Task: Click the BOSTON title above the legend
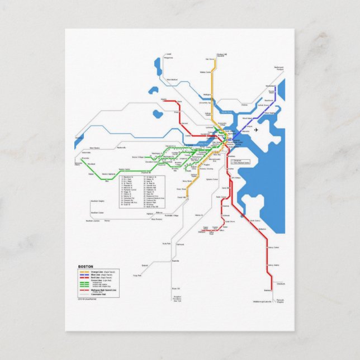pyautogui.click(x=86, y=267)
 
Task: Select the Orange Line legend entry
pyautogui.click(x=91, y=272)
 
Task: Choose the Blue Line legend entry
pyautogui.click(x=91, y=275)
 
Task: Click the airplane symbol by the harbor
pyautogui.click(x=256, y=130)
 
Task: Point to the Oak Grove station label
pyautogui.click(x=210, y=59)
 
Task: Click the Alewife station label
pyautogui.click(x=164, y=99)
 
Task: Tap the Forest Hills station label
pyautogui.click(x=181, y=197)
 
